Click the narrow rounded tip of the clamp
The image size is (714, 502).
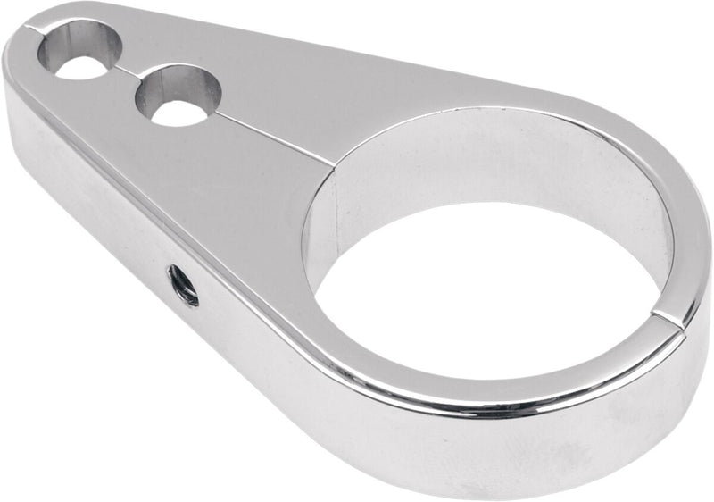click(x=22, y=54)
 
